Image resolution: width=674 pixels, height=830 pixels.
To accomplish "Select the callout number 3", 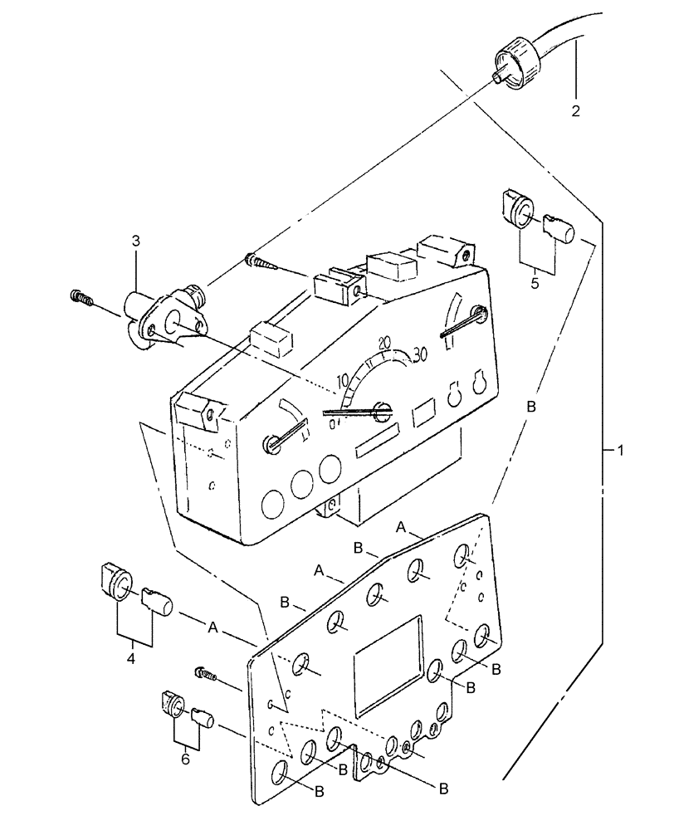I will (x=135, y=241).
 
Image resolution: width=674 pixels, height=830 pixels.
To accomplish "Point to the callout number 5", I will (x=535, y=283).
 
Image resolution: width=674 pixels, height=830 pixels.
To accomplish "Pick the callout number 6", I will (x=185, y=758).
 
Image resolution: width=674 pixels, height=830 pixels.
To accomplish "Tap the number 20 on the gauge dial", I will (x=383, y=342).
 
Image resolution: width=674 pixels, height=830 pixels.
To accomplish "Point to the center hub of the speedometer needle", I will (x=382, y=408).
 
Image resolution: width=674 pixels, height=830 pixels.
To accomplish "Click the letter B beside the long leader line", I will (x=532, y=408).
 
